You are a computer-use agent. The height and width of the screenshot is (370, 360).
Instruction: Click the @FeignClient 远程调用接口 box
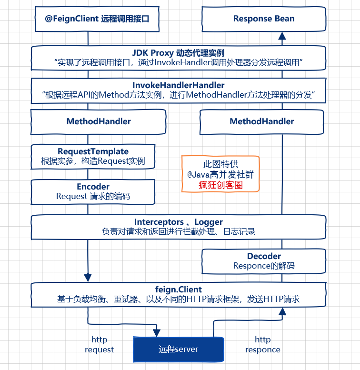(97, 20)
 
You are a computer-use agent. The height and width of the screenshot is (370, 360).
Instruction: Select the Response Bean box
(264, 20)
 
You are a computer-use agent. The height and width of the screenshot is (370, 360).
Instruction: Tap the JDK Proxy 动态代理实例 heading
(179, 52)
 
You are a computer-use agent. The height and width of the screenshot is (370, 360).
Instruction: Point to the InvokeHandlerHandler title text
(179, 85)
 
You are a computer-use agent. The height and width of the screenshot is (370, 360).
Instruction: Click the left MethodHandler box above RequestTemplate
(99, 121)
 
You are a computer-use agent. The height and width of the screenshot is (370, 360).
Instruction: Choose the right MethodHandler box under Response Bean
(262, 121)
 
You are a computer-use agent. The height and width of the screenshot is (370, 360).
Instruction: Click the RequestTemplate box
(93, 156)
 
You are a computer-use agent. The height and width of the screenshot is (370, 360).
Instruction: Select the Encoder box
(93, 191)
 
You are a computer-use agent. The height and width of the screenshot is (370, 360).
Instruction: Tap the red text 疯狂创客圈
(220, 185)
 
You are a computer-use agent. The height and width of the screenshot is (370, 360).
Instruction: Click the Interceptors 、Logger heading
(179, 222)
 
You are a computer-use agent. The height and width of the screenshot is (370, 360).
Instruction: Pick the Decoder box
(264, 261)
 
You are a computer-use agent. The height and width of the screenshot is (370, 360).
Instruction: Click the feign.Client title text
(179, 290)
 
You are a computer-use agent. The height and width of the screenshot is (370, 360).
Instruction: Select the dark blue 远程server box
(178, 350)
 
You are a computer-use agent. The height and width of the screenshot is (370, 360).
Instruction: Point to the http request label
(99, 345)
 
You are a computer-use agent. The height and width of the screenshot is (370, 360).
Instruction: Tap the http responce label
(263, 345)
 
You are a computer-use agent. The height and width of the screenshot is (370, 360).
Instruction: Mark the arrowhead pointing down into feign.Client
(88, 277)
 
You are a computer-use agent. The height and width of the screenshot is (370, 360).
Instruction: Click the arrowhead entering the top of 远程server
(156, 332)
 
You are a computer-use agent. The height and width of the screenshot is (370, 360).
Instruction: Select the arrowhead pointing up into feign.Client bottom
(282, 311)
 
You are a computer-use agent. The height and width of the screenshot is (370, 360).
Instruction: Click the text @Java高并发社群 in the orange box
(220, 174)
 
